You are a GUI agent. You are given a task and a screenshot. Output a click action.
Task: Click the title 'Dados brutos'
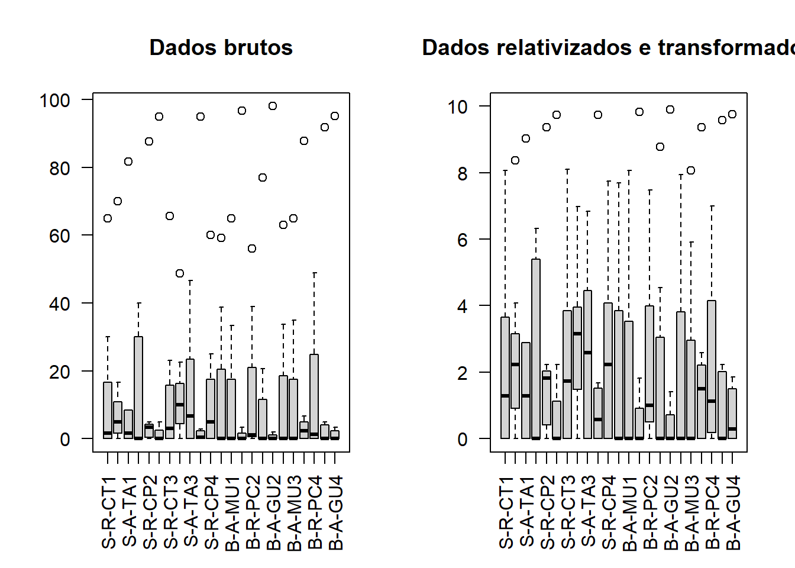tap(221, 47)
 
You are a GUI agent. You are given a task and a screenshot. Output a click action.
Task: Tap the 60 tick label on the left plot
tap(60, 236)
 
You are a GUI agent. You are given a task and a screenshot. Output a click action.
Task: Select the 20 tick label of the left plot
tap(60, 372)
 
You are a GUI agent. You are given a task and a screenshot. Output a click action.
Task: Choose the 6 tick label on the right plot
tap(463, 240)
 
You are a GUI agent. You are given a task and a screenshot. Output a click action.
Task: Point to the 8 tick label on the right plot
tap(463, 174)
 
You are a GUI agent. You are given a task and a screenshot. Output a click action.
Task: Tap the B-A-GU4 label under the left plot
tap(335, 512)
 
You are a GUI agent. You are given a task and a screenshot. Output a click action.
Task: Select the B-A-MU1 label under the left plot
tap(232, 512)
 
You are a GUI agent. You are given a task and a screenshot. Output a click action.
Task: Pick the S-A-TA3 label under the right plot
tap(589, 512)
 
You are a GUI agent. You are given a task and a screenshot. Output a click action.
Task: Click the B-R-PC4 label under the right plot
tap(713, 512)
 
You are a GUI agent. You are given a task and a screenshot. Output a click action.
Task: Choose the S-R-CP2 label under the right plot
tap(548, 512)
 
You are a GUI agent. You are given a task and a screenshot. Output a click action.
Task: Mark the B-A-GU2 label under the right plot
tap(671, 512)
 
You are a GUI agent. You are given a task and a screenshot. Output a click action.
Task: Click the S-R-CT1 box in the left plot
tap(108, 408)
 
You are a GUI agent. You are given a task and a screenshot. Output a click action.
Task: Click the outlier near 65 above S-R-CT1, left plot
tap(108, 218)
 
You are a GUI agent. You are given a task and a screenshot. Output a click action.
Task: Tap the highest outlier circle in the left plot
tap(273, 106)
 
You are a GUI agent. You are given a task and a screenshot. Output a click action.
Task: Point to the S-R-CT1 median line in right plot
tap(505, 396)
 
